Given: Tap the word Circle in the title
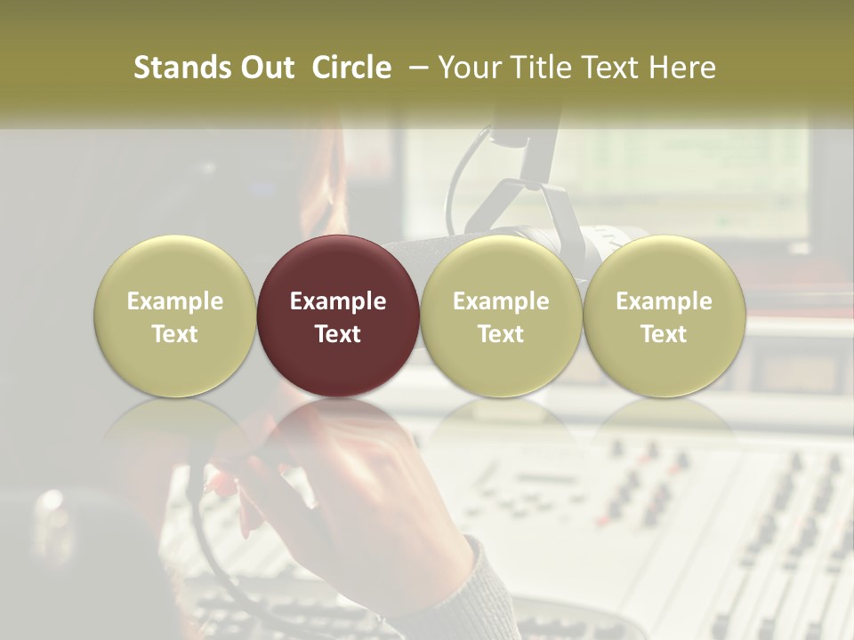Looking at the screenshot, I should pos(351,68).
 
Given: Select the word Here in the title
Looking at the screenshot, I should pos(681,68).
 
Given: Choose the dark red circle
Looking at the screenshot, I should pos(338,316).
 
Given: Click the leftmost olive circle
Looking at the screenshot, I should pos(175,316).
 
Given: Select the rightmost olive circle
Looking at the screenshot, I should pos(664,316).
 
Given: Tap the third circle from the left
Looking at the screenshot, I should pos(501,316).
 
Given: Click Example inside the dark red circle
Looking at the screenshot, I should pos(338,301).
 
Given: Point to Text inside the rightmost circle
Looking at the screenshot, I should pos(664,334).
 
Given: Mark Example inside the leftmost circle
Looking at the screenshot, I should pos(175,301).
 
